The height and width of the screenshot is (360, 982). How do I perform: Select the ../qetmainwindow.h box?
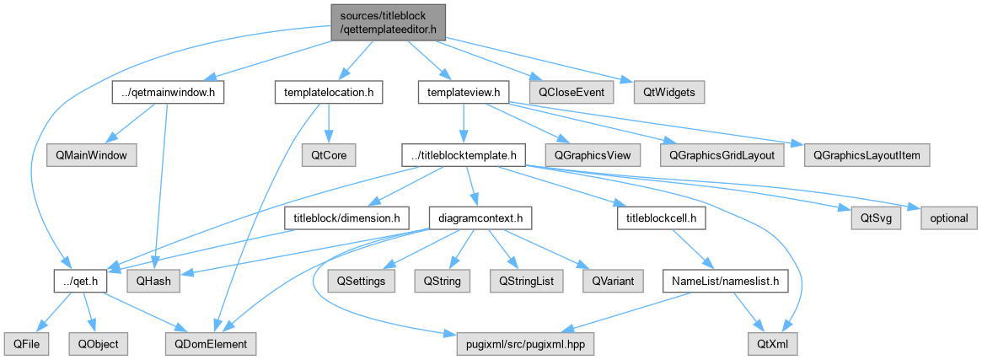point(169,93)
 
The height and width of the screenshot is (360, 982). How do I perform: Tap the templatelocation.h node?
point(329,93)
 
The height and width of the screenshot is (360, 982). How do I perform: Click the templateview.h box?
point(464,93)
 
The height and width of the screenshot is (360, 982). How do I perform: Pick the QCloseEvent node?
point(571,93)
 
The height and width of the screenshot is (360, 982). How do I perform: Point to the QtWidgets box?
point(669,93)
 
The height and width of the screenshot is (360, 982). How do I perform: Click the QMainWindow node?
point(91,154)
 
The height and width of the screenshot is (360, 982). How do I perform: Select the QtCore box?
point(329,154)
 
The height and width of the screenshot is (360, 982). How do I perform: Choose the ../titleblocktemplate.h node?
point(464,154)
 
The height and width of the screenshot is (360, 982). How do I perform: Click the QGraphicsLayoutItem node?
point(867,154)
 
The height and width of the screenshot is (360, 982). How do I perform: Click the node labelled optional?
point(948,218)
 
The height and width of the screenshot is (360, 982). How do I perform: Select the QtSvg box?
point(876,218)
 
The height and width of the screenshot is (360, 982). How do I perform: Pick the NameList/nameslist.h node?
point(725,282)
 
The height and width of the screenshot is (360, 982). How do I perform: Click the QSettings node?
point(362,282)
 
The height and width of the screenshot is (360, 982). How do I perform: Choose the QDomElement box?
point(211,344)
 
